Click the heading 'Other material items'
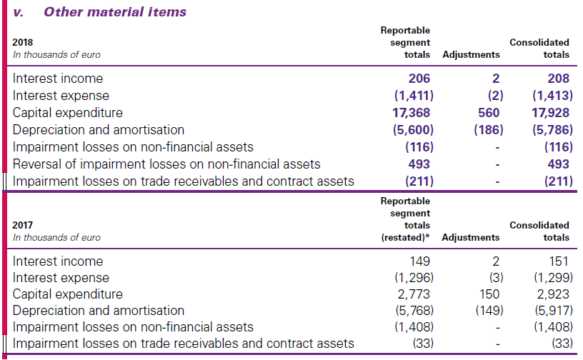click(x=115, y=11)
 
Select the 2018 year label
click(x=23, y=43)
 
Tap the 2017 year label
click(x=23, y=225)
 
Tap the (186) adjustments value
click(x=489, y=130)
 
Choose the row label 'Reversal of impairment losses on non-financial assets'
click(x=166, y=164)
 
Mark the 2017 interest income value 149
click(x=419, y=261)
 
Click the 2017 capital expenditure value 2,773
click(x=415, y=294)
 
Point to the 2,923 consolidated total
click(x=554, y=294)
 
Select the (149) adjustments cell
click(x=489, y=311)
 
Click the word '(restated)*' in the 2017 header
click(x=407, y=237)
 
